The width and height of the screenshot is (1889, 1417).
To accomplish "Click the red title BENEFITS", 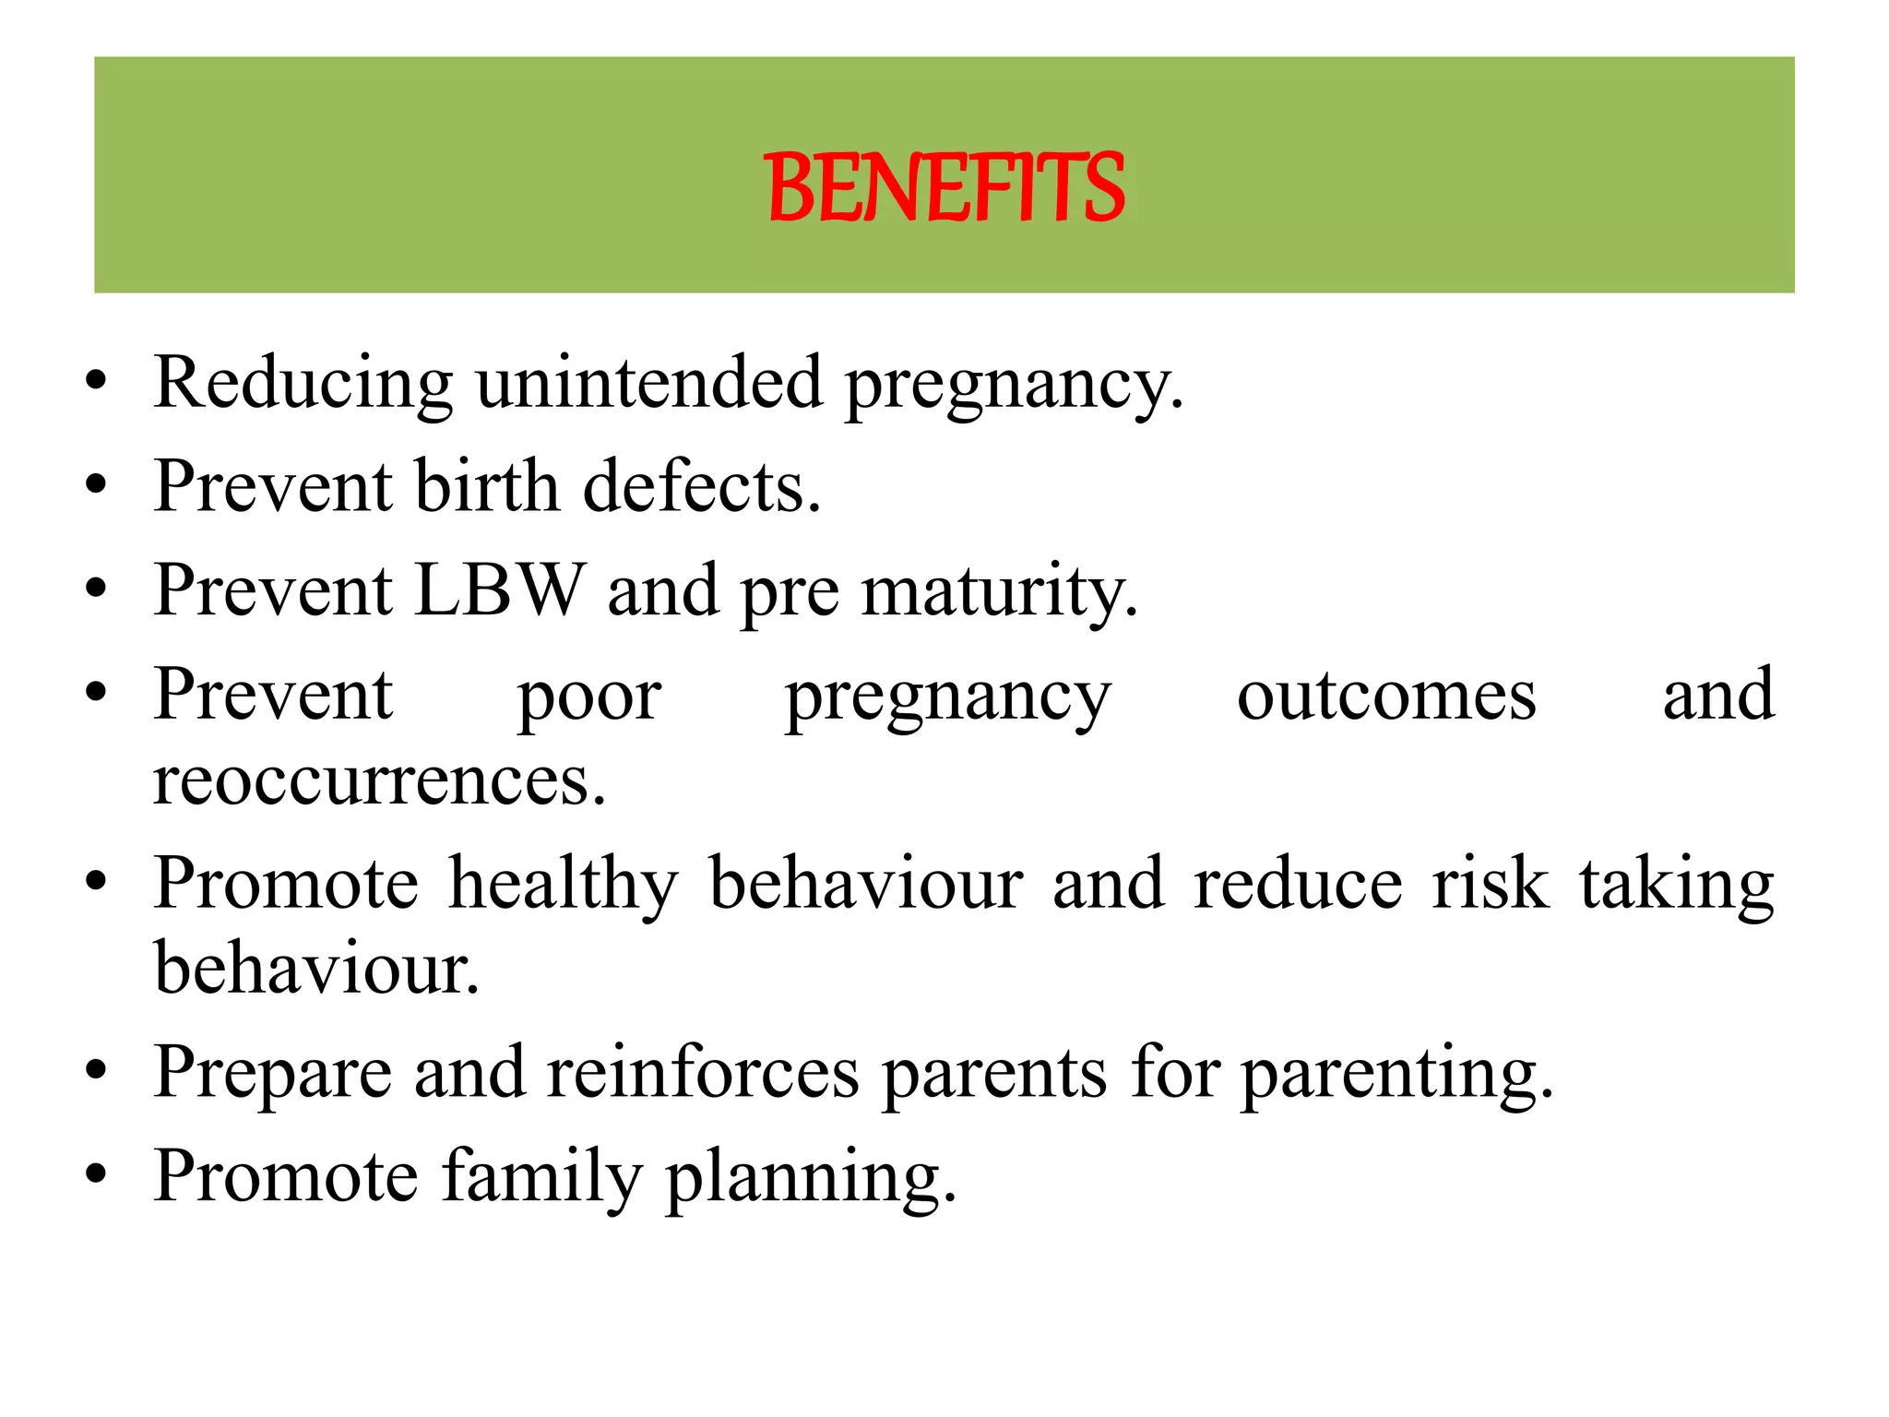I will click(944, 188).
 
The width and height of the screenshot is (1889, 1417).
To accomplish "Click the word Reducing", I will click(303, 382).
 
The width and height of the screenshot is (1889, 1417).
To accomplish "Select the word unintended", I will click(648, 382).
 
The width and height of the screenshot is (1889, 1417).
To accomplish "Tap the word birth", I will click(486, 486).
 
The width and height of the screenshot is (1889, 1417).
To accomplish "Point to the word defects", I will click(701, 486).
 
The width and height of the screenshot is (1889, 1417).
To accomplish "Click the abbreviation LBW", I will click(499, 590).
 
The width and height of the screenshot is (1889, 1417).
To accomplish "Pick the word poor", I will click(588, 697).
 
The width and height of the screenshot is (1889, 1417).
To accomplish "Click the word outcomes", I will click(1386, 696).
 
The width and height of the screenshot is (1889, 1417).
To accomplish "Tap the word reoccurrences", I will click(379, 780).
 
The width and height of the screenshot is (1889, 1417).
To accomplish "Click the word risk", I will click(1490, 884).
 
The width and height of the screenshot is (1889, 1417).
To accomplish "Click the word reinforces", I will click(702, 1073).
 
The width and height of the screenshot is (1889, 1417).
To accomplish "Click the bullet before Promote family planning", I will click(96, 1175).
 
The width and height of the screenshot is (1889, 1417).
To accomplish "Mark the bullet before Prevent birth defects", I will click(96, 484).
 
